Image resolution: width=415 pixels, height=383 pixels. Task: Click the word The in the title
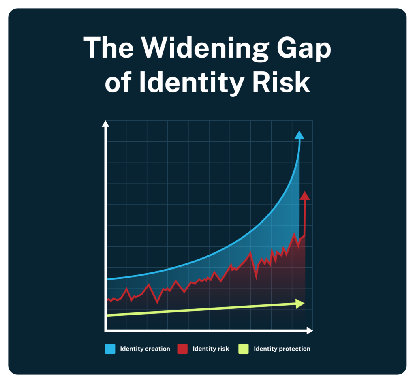pyautogui.click(x=108, y=47)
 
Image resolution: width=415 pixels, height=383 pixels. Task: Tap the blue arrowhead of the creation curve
pyautogui.click(x=299, y=135)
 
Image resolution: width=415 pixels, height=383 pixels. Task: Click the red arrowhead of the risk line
pyautogui.click(x=305, y=196)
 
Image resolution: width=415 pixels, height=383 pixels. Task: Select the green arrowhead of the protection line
pyautogui.click(x=300, y=303)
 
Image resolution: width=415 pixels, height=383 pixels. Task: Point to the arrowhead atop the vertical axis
pyautogui.click(x=105, y=124)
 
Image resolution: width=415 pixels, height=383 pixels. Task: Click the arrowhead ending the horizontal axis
pyautogui.click(x=310, y=330)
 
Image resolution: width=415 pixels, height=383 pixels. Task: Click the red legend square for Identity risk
pyautogui.click(x=183, y=349)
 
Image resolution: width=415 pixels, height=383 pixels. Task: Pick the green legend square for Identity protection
pyautogui.click(x=243, y=349)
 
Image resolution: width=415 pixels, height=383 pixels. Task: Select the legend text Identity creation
pyautogui.click(x=145, y=349)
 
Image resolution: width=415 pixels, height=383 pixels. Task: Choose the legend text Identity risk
pyautogui.click(x=211, y=349)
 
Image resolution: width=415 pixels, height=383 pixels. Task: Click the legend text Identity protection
pyautogui.click(x=282, y=349)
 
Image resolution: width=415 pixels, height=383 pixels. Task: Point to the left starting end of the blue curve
pyautogui.click(x=107, y=279)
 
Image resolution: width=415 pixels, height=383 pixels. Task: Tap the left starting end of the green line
pyautogui.click(x=107, y=315)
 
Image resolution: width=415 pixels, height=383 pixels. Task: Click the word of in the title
pyautogui.click(x=120, y=83)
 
